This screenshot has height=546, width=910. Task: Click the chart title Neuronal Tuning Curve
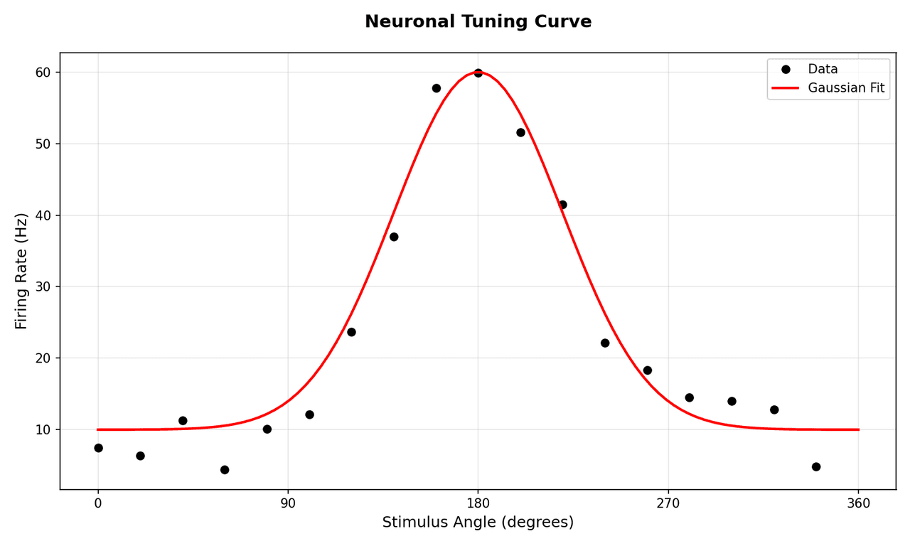click(x=478, y=22)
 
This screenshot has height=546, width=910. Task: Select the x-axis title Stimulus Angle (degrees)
click(x=478, y=523)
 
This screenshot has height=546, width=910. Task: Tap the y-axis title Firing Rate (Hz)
click(x=21, y=271)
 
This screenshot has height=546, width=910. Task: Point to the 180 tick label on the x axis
click(x=478, y=504)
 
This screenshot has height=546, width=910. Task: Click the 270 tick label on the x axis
click(x=668, y=504)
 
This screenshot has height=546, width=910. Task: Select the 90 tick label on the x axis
click(x=288, y=504)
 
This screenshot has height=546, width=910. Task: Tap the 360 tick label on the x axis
click(x=859, y=504)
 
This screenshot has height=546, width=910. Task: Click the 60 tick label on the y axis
click(x=43, y=73)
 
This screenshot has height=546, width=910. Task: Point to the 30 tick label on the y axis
click(x=43, y=287)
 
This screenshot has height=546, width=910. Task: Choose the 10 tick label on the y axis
click(x=43, y=429)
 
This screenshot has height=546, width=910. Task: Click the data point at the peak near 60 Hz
click(x=478, y=73)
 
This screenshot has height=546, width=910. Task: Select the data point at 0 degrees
click(x=98, y=448)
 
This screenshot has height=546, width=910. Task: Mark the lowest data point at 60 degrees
click(x=225, y=470)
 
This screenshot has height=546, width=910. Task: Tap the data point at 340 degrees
click(x=816, y=467)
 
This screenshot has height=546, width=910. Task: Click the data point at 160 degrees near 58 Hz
click(x=436, y=88)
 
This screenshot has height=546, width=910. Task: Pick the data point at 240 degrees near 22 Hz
click(x=605, y=343)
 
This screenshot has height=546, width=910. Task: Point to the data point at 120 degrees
click(x=351, y=332)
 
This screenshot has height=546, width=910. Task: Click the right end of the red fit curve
click(x=858, y=429)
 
